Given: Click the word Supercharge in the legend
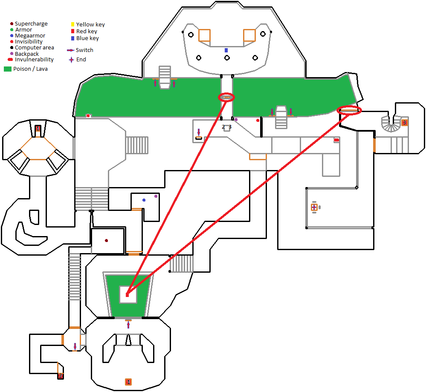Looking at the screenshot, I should click(31, 24).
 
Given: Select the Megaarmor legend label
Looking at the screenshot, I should click(30, 36).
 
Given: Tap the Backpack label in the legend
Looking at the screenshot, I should click(27, 54).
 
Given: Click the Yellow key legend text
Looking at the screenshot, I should click(90, 25).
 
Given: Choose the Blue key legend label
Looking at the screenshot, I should click(87, 38).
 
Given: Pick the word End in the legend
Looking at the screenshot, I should click(81, 60).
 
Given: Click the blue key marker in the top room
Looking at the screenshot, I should click(226, 50).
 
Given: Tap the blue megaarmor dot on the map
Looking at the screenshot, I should click(144, 200).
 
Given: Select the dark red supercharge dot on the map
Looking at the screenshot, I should click(106, 241).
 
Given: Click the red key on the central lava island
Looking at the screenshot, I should click(127, 294).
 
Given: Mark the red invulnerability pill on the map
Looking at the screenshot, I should click(336, 140).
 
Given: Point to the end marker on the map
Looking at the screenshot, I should click(314, 207).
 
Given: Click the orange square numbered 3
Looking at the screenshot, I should click(404, 123).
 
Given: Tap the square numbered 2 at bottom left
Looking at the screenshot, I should click(61, 376).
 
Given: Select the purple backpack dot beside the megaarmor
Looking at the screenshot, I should click(156, 196).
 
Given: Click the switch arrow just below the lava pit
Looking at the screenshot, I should click(128, 325).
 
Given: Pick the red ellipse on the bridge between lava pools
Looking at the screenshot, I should click(226, 98).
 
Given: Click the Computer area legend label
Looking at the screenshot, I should click(34, 48).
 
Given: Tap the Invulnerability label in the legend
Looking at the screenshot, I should click(34, 60).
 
